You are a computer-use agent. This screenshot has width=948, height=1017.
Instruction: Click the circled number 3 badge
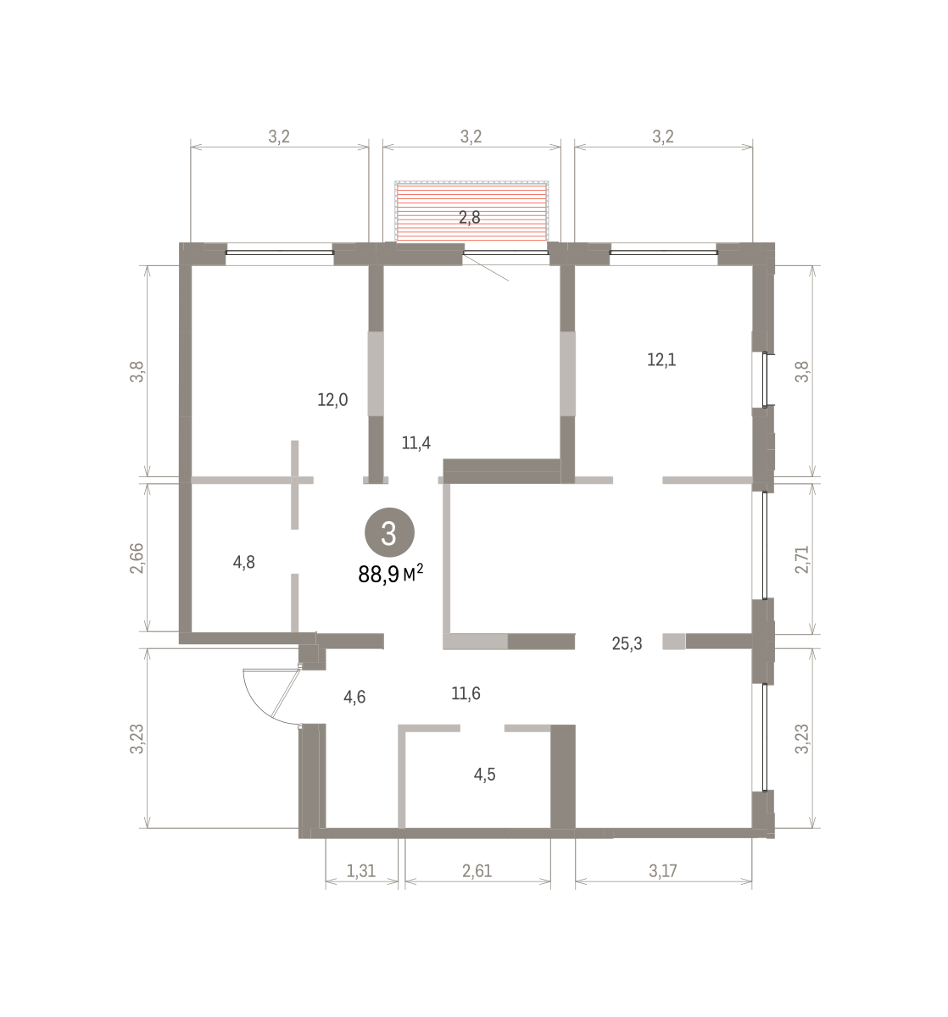(x=389, y=532)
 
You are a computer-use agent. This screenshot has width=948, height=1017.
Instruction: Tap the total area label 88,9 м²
(x=390, y=574)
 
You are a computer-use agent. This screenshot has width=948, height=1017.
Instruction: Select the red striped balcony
(x=471, y=211)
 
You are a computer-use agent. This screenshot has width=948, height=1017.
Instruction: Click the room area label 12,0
(x=332, y=399)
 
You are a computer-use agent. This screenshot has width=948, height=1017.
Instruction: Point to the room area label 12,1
(x=661, y=360)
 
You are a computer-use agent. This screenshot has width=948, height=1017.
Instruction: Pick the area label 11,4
(x=415, y=443)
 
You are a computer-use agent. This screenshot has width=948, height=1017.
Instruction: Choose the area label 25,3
(x=627, y=644)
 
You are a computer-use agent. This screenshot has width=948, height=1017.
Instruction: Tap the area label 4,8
(x=243, y=562)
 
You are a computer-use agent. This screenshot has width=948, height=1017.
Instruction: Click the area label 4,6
(x=354, y=697)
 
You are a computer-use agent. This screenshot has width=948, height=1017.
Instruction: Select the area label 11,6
(x=466, y=693)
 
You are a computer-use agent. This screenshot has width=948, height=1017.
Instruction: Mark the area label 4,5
(x=484, y=775)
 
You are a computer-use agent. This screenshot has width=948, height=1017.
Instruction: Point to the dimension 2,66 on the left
(x=137, y=558)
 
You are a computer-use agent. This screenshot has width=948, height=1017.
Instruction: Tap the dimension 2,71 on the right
(x=802, y=559)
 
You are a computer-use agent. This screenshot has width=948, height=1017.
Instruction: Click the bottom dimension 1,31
(x=360, y=870)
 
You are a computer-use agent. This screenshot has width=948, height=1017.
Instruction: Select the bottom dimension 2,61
(x=477, y=870)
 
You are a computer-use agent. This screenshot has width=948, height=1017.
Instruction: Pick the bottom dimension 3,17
(x=662, y=870)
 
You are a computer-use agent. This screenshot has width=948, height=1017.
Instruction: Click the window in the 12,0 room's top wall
(x=280, y=252)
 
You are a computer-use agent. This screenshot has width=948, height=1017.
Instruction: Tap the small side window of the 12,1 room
(x=765, y=380)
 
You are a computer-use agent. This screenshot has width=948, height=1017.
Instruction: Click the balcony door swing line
(x=485, y=267)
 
